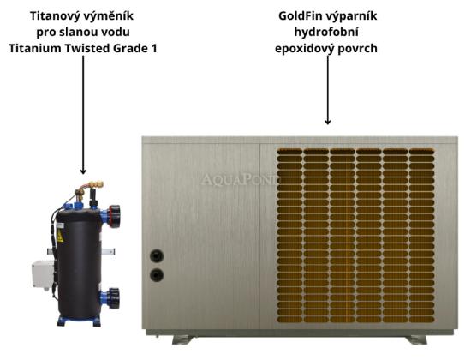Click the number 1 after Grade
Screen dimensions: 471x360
[153, 48]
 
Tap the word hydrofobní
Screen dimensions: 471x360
[326, 32]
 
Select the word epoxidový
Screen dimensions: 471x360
[304, 48]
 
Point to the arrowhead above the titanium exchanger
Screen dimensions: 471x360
[83, 171]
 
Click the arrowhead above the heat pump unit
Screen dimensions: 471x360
[328, 122]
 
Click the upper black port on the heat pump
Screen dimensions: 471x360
[157, 256]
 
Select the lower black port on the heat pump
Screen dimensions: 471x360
[157, 275]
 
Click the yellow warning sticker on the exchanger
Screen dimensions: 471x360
[60, 237]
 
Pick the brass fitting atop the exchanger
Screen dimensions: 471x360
[89, 189]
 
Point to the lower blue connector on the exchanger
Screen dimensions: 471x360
[110, 298]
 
